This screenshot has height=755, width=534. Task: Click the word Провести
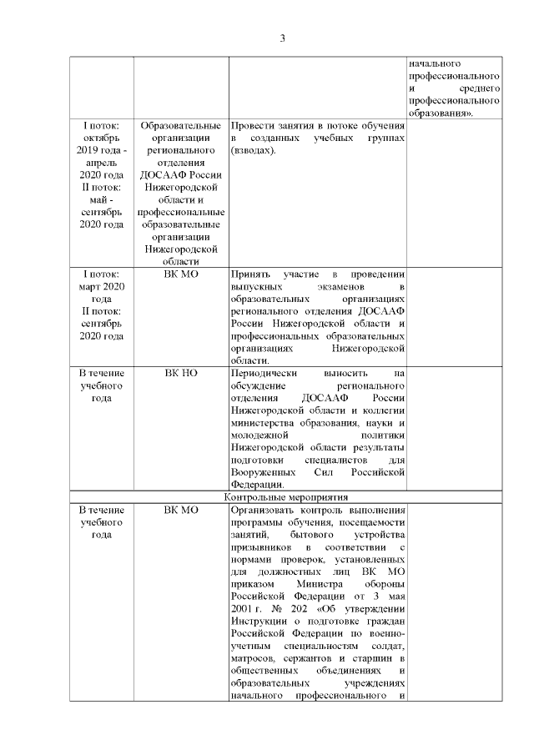pyautogui.click(x=254, y=125)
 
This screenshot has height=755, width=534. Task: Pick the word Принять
pyautogui.click(x=251, y=274)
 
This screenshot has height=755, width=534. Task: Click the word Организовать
pyautogui.click(x=265, y=510)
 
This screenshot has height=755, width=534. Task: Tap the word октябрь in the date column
pyautogui.click(x=101, y=138)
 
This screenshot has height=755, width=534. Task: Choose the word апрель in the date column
pyautogui.click(x=101, y=163)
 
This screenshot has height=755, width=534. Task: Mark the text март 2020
pyautogui.click(x=101, y=286)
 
